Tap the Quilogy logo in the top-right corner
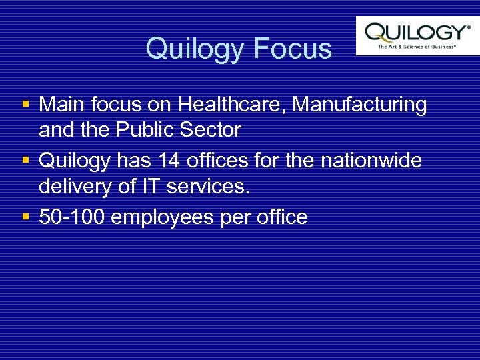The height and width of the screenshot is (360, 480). click(x=417, y=31)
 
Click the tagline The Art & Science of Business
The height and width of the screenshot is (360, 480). click(x=417, y=47)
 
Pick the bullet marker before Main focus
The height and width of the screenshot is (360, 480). click(x=25, y=105)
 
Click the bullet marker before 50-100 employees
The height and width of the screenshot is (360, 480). click(x=25, y=217)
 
